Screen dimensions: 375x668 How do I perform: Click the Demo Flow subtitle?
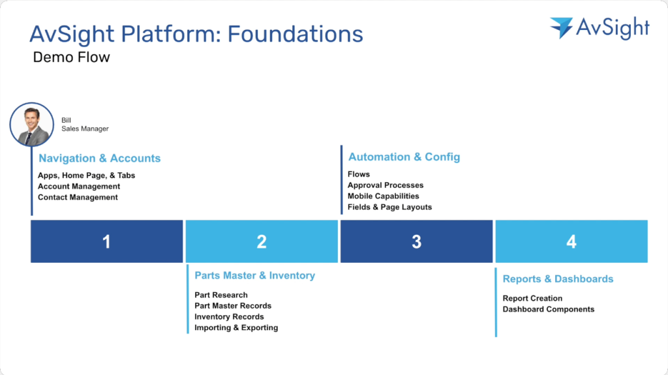(71, 57)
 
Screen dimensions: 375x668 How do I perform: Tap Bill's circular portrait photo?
(31, 125)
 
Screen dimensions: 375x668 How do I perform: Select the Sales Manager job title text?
(85, 129)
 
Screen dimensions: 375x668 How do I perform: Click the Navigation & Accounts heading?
(99, 158)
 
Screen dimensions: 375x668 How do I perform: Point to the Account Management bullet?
(79, 187)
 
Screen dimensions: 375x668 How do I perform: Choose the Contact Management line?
(78, 198)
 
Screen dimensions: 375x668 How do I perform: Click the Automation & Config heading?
(404, 157)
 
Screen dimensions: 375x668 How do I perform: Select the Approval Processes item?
(385, 185)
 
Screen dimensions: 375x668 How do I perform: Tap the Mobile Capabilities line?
(383, 196)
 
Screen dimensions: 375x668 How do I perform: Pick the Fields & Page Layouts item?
(389, 207)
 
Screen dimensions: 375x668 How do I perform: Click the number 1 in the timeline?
(106, 242)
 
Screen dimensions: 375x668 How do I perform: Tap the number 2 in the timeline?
(262, 242)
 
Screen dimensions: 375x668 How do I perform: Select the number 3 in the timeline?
(416, 242)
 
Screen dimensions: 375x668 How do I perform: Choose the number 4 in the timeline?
(571, 242)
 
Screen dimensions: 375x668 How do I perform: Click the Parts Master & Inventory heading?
(254, 276)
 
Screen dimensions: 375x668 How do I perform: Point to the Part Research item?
(220, 295)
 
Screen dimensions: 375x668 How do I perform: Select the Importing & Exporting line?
(235, 328)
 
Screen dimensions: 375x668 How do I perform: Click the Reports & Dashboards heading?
(558, 279)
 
